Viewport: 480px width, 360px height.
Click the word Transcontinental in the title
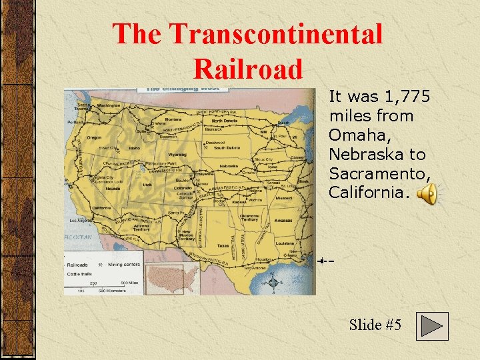pos(275,34)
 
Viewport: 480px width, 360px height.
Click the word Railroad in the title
pos(247,67)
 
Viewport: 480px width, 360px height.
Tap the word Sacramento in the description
pos(379,173)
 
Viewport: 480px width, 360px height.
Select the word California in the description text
pos(366,193)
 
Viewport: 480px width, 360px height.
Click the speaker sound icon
pos(427,195)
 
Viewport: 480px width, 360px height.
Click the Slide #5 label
pos(375,325)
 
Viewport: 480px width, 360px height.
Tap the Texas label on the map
pos(222,245)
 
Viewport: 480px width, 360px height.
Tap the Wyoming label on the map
pos(177,154)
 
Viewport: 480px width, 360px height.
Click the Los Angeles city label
pos(85,220)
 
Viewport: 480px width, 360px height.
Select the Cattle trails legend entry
pos(79,273)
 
